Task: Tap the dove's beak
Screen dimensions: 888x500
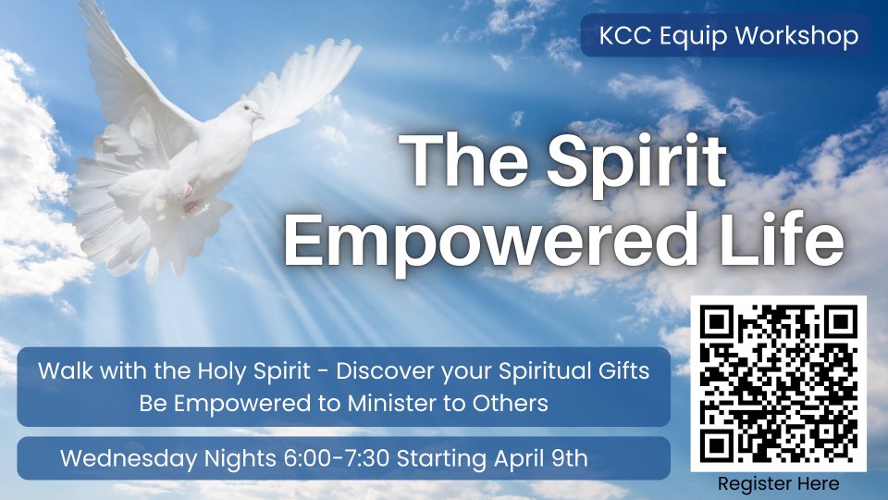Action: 259,117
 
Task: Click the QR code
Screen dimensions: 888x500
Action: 778,383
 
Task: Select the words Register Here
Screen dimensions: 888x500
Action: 778,484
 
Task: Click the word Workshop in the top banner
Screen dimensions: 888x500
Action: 797,36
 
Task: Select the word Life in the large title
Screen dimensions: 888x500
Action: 783,237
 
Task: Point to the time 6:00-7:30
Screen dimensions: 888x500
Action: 337,458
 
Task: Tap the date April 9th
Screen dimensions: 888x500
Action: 540,458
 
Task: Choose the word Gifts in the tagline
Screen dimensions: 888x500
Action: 623,371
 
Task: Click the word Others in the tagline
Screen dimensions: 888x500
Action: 511,404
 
